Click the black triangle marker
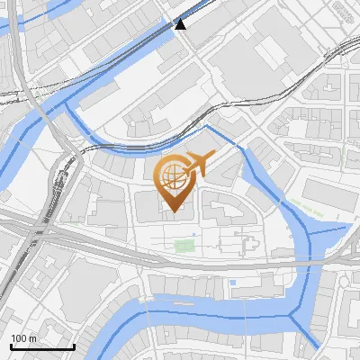pos(181,24)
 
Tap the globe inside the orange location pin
pos(173,175)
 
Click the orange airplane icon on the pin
pos(200,164)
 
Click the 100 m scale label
pos(24,338)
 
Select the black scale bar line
pos(42,347)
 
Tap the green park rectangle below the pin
pos(184,245)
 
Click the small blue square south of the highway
pos(233,283)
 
